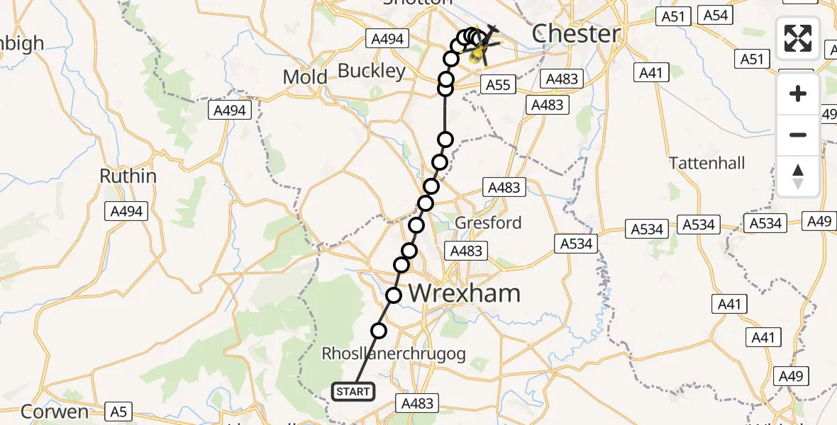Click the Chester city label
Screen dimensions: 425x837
pos(575,33)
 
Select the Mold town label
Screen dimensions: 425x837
pos(305,77)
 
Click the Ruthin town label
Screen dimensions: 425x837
pos(128,176)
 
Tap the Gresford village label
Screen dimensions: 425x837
pos(488,222)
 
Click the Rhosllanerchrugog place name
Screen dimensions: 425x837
pos(394,353)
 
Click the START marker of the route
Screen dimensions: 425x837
pos(353,391)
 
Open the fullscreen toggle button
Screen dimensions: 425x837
pos(798,38)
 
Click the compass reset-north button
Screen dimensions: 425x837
pos(798,176)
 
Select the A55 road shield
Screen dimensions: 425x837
pos(498,85)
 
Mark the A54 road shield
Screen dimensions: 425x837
pos(715,15)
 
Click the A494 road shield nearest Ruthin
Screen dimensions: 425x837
pos(127,210)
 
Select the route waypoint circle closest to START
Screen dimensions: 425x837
pos(379,330)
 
